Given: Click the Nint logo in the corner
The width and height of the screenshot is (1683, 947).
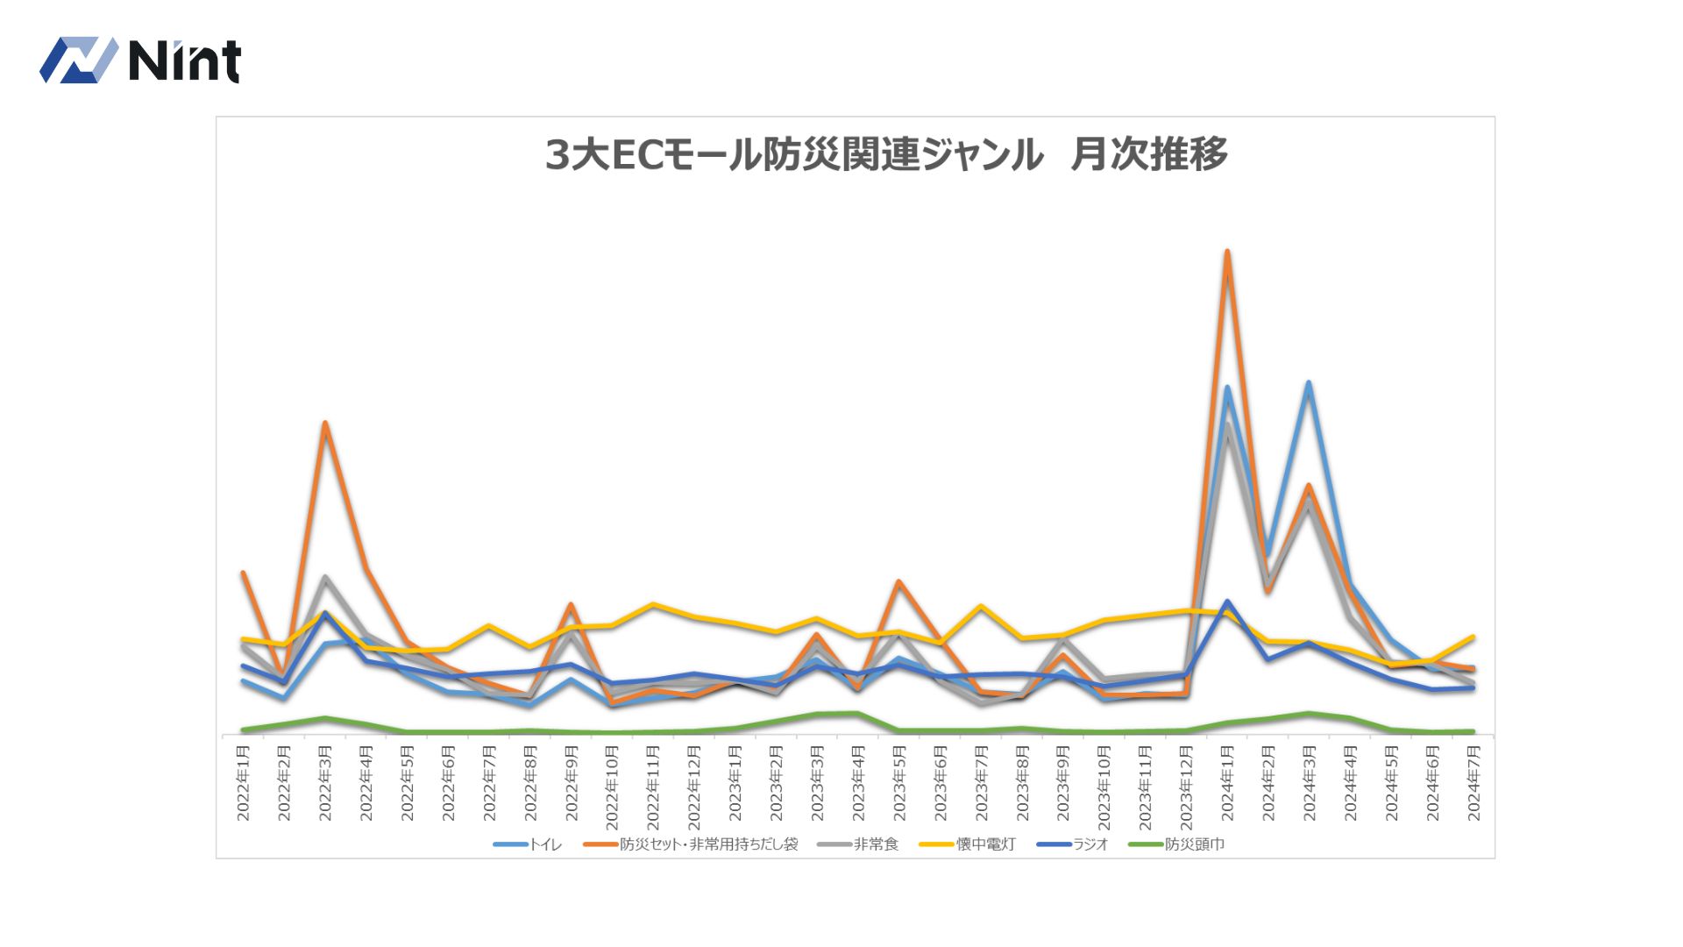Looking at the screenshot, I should [140, 61].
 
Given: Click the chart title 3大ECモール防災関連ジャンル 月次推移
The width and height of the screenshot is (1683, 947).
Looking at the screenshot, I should [885, 155].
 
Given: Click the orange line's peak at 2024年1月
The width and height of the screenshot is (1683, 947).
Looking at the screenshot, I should [1227, 252].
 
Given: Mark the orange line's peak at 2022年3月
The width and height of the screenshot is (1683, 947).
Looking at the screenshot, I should [325, 423].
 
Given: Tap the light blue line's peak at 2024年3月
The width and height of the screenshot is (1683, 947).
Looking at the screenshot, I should [1309, 383].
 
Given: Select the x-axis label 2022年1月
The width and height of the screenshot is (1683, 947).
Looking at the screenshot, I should [244, 783].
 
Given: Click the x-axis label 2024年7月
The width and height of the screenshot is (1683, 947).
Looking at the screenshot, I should [1474, 783].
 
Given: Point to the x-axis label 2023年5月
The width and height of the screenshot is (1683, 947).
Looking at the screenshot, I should [899, 783].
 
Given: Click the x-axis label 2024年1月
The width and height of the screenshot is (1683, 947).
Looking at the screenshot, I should [1227, 783].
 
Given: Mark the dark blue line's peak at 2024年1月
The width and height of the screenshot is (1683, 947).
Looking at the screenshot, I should [1227, 602].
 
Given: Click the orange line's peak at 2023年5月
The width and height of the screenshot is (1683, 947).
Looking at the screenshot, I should [899, 581].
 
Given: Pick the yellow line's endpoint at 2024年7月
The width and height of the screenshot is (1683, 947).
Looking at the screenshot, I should [1474, 637].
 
